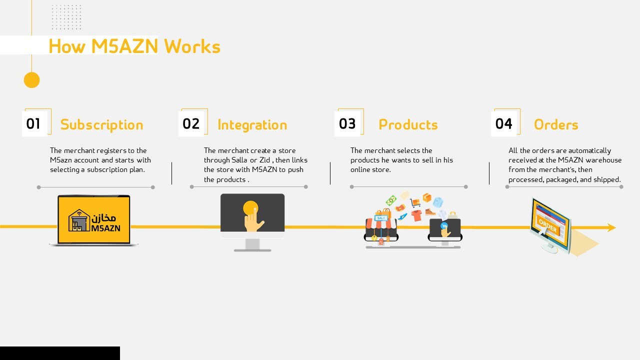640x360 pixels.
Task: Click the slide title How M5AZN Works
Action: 134,46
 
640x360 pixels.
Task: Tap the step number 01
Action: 33,123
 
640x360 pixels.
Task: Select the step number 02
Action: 191,123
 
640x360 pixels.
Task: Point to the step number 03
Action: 347,123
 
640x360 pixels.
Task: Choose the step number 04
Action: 504,123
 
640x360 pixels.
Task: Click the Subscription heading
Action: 101,124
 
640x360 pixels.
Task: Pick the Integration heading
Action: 252,124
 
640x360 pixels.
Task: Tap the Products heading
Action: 408,124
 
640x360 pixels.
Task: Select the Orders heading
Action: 556,124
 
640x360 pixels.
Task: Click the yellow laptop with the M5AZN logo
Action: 94,220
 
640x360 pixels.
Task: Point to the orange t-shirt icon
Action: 416,215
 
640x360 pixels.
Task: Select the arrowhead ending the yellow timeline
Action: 611,227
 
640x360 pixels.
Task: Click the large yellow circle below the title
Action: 31,80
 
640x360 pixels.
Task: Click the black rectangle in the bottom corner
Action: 60,353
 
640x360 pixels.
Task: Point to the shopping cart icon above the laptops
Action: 415,202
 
